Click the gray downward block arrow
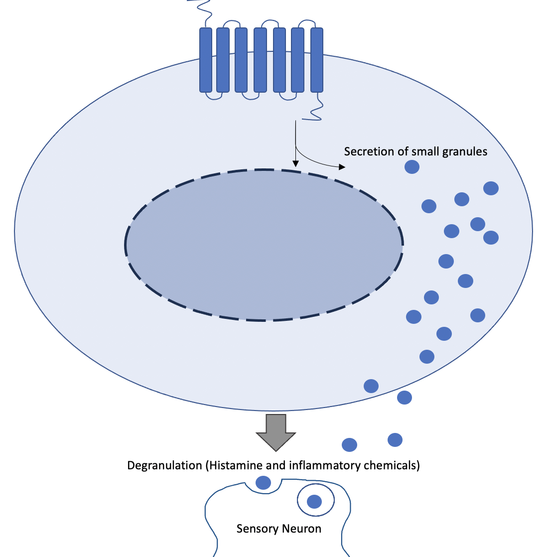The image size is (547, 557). tap(276, 431)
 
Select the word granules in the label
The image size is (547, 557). tap(465, 151)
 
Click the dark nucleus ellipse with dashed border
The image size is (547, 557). tap(264, 245)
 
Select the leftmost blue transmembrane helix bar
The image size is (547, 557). tap(206, 60)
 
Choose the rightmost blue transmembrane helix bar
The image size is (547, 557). tap(317, 60)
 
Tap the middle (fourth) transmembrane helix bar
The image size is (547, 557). tap(260, 60)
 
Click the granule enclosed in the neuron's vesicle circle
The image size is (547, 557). tap(314, 501)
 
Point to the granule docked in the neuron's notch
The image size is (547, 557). tap(263, 482)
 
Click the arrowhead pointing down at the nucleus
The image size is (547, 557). tap(295, 163)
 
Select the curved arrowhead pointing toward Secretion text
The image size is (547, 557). tap(341, 167)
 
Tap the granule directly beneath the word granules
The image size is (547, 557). tap(411, 166)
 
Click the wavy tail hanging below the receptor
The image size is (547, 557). tap(316, 111)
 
